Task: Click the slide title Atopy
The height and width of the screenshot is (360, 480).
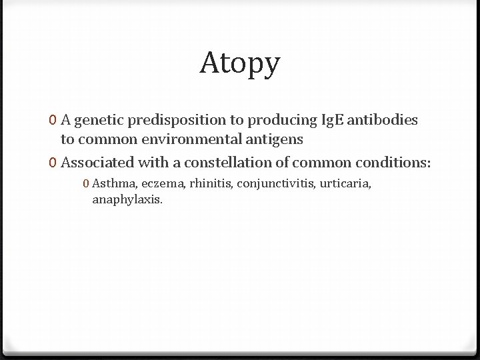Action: coord(240,63)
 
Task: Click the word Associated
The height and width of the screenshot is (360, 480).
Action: coord(97,162)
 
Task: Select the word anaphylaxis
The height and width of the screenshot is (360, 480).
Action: coord(127,199)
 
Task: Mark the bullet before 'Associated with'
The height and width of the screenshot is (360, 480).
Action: coord(52,162)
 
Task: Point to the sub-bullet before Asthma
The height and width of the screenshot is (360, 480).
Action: coord(87,183)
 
